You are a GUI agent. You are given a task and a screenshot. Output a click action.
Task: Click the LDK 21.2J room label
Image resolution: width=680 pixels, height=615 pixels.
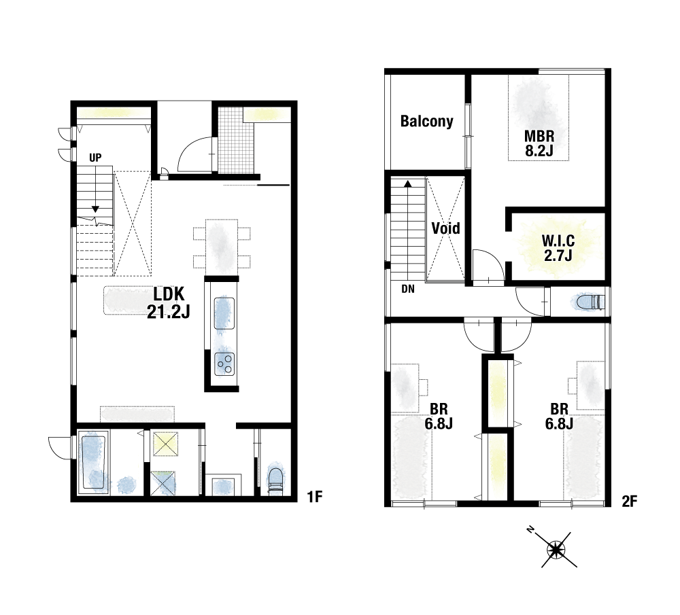click(x=168, y=302)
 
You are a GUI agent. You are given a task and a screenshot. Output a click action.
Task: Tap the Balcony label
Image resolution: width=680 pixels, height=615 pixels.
click(x=427, y=122)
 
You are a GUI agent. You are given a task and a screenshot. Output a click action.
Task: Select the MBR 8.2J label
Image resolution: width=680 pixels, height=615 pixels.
click(x=539, y=143)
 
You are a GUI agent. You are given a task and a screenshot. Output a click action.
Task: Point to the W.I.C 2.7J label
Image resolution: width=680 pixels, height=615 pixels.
click(x=558, y=248)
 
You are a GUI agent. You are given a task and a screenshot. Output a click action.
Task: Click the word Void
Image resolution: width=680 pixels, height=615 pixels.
click(x=446, y=228)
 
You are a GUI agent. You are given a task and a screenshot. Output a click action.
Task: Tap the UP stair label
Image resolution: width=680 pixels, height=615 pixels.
click(x=95, y=158)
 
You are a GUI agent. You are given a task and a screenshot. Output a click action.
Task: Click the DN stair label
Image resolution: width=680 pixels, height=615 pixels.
click(x=407, y=289)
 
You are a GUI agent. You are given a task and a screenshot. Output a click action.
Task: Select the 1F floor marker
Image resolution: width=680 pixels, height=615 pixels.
click(x=315, y=497)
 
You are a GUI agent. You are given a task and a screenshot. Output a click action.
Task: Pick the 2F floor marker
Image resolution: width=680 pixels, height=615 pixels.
click(x=629, y=502)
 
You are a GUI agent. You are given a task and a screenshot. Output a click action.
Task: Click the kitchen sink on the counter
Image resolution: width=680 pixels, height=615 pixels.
click(x=224, y=313)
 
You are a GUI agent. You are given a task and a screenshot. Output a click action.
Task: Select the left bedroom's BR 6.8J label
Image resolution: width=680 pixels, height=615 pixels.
click(x=439, y=416)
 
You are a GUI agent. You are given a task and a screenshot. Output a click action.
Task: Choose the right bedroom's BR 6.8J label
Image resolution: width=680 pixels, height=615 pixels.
click(x=560, y=416)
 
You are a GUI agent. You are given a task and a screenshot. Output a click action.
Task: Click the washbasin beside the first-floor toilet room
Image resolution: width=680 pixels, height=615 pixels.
click(x=223, y=485)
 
